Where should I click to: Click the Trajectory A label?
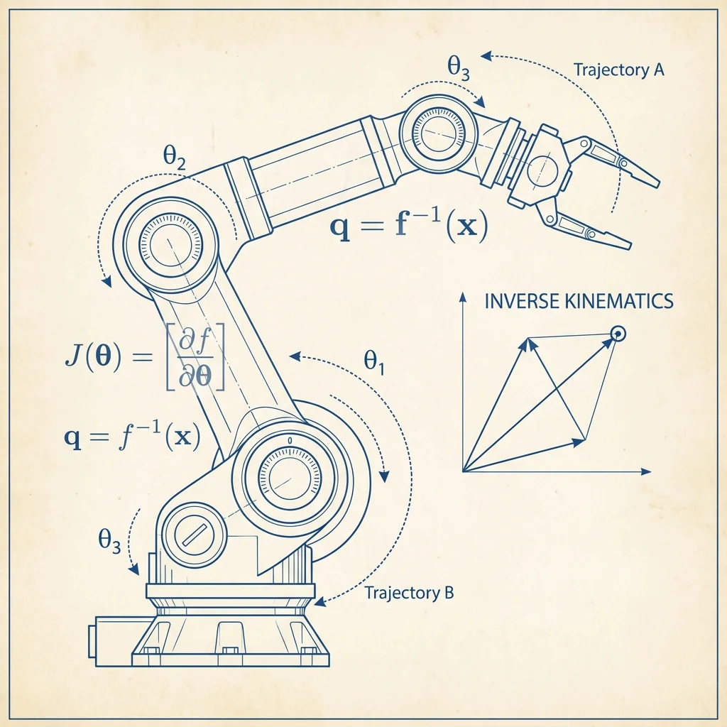(619, 70)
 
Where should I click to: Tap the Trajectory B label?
(409, 593)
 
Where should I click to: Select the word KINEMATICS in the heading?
(619, 301)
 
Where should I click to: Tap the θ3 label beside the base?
(109, 540)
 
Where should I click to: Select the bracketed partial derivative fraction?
(195, 356)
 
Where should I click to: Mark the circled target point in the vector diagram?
(618, 334)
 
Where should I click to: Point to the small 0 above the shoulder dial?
(290, 440)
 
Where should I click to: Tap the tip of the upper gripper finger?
(659, 184)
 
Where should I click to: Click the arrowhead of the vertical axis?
(462, 297)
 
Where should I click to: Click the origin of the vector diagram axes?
(463, 471)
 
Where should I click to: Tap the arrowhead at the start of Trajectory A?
(486, 56)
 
